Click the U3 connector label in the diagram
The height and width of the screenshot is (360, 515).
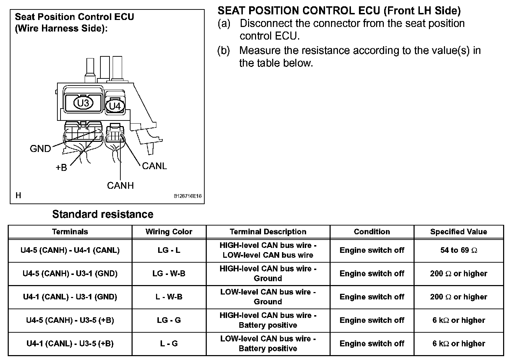pos(83,103)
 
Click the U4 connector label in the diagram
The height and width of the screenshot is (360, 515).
pos(115,105)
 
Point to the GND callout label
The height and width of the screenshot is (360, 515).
pos(40,148)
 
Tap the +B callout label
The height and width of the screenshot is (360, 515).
pos(61,167)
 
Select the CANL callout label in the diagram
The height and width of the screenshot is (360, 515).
pos(154,166)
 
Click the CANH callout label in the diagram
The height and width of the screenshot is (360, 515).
pos(120,185)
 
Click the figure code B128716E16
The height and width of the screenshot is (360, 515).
pos(188,196)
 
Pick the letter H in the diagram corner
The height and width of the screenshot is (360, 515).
pos(18,195)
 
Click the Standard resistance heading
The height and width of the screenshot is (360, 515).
pos(103,214)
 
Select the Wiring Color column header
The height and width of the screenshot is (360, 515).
pos(169,231)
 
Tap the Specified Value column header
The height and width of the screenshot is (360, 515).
pos(458,231)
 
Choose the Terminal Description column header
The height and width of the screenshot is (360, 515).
pos(268,231)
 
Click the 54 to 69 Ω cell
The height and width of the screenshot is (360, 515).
pos(458,250)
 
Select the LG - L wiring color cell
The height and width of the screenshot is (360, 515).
pos(169,250)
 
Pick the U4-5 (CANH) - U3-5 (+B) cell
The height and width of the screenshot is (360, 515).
pos(70,320)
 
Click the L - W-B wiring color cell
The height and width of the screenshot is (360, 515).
pos(169,297)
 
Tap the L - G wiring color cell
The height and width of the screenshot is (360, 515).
pos(169,344)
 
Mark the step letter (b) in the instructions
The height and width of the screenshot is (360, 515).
pos(224,50)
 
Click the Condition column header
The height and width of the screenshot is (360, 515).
pos(372,231)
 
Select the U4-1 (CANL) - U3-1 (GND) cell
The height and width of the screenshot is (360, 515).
pos(70,297)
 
